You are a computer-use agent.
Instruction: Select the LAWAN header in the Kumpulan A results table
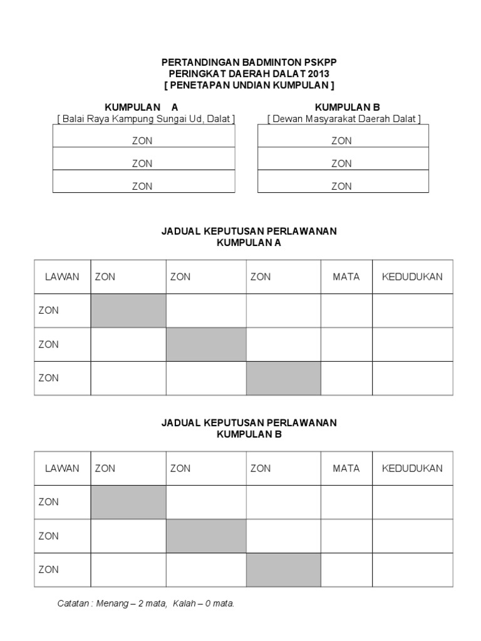(x=62, y=277)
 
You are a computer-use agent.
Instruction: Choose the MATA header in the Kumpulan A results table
(x=346, y=277)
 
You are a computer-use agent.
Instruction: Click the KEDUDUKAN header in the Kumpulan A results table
(x=412, y=277)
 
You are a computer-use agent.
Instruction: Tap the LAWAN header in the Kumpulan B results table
(x=62, y=468)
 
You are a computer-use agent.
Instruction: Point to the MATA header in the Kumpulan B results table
(x=346, y=468)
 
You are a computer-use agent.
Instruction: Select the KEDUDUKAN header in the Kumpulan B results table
(x=412, y=468)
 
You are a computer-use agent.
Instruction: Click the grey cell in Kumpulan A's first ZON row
(x=128, y=310)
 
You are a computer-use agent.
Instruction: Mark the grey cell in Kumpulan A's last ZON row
(x=283, y=378)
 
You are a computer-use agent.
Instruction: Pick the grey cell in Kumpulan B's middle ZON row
(x=205, y=536)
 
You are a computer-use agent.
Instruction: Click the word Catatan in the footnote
(x=73, y=604)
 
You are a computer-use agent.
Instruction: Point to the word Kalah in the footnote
(x=184, y=604)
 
